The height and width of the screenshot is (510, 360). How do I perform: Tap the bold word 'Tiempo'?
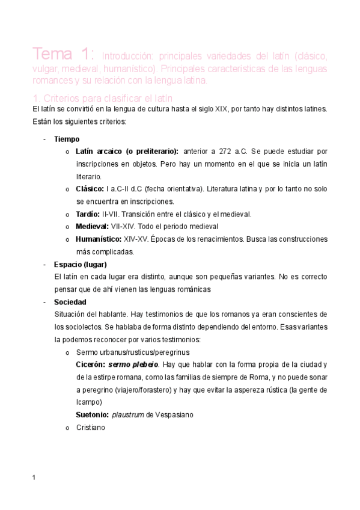point(67,139)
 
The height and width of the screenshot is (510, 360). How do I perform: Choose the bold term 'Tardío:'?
point(88,214)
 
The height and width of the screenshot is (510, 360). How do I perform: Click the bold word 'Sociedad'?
point(70,302)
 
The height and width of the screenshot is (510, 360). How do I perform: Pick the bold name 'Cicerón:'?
point(91,364)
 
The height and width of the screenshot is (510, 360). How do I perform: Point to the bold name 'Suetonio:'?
point(92,414)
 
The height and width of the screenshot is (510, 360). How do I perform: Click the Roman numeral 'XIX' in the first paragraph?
point(221,109)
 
